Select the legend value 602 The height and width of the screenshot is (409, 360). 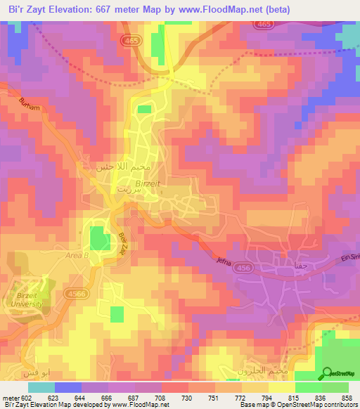(27, 398)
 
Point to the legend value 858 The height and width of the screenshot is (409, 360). (347, 398)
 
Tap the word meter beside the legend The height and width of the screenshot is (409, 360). (10, 398)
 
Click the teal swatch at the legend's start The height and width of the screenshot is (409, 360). (41, 387)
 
